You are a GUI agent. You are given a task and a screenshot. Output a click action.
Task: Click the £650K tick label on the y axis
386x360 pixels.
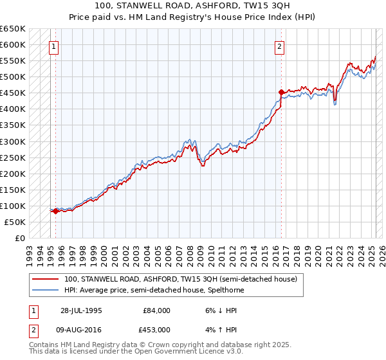[13, 29]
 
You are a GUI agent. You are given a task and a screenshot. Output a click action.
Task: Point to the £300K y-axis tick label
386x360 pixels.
[13, 141]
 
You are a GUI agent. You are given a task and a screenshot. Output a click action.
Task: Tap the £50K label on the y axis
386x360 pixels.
[15, 222]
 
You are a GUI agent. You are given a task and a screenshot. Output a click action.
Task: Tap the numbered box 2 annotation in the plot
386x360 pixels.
[280, 46]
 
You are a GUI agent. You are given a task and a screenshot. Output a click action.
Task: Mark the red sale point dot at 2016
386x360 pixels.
[281, 92]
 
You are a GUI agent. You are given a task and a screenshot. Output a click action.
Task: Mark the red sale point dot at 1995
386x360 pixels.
[56, 211]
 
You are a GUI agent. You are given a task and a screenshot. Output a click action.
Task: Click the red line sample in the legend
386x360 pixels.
[46, 280]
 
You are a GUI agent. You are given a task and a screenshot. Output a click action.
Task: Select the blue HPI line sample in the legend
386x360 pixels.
[46, 291]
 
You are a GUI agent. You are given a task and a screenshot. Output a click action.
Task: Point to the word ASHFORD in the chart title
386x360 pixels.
[199, 6]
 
